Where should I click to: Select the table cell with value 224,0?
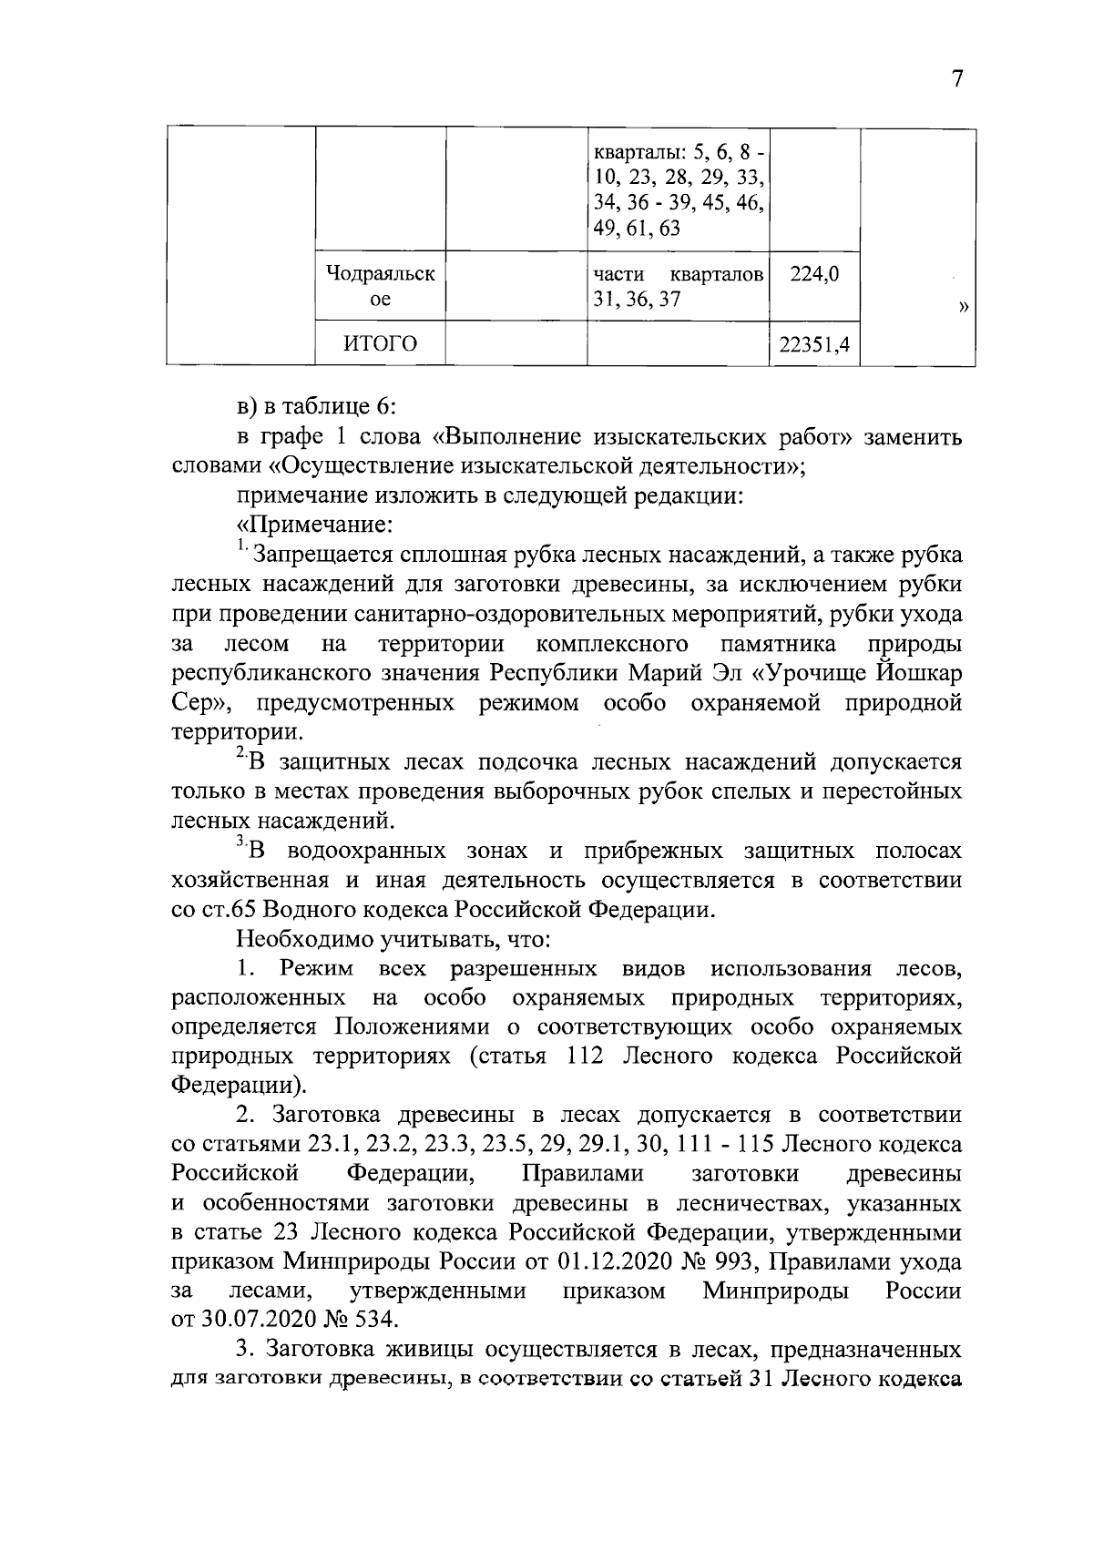point(814,273)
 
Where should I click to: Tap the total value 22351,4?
point(814,343)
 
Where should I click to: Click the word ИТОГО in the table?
point(380,343)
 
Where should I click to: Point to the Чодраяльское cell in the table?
point(380,286)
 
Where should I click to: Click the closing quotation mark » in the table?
point(963,308)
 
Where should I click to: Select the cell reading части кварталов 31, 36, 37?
point(678,286)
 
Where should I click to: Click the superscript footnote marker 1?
point(242,546)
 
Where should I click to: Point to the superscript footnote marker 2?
point(240,753)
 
